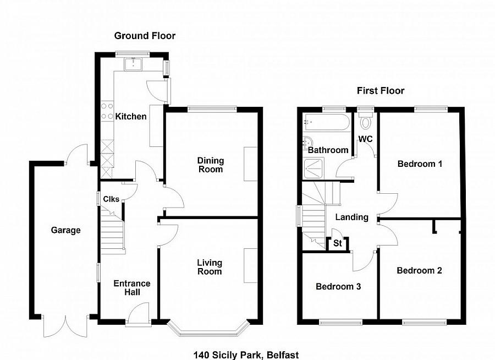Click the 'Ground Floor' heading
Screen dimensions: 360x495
(145, 36)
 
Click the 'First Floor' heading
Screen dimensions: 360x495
(381, 91)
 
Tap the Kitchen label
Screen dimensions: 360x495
(131, 117)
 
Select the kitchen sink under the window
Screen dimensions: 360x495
(133, 64)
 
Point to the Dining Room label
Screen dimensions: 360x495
(211, 165)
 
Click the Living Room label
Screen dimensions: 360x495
(210, 267)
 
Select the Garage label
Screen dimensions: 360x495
(66, 230)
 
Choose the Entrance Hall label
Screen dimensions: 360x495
(131, 287)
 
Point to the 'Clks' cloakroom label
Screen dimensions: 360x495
(111, 199)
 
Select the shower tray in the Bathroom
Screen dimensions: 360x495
(314, 168)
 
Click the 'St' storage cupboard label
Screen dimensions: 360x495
(337, 243)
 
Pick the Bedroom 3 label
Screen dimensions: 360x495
(338, 287)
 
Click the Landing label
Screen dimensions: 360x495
(351, 217)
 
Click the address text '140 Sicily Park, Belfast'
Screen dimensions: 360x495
(246, 355)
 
